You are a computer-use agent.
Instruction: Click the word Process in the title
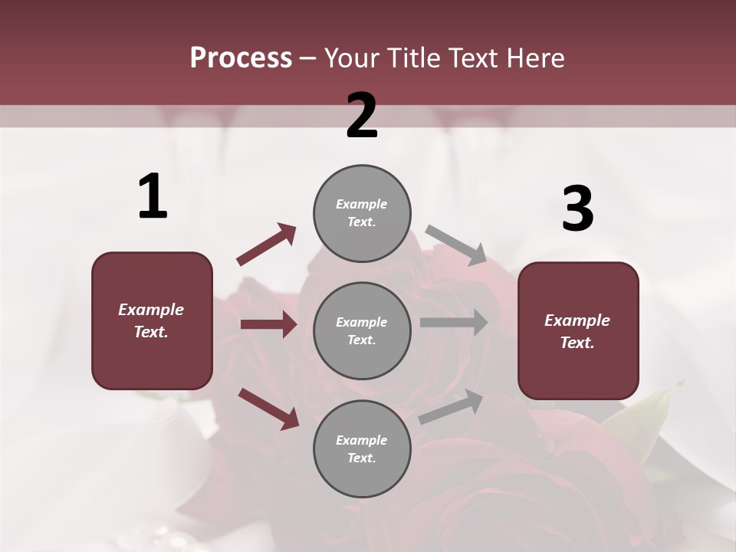[x=241, y=58]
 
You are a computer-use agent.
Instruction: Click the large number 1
[x=153, y=197]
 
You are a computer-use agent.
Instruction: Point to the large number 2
[x=362, y=116]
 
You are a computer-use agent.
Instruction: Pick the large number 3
[x=577, y=209]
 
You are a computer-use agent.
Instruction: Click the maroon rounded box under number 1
[x=152, y=320]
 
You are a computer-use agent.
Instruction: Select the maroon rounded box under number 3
[x=578, y=331]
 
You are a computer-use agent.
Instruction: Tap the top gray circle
[x=362, y=213]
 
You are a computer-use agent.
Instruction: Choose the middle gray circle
[x=362, y=331]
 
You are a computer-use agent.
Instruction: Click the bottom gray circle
[x=362, y=449]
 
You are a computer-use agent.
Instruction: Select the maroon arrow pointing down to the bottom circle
[x=268, y=408]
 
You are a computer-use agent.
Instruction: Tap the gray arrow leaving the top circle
[x=456, y=245]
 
